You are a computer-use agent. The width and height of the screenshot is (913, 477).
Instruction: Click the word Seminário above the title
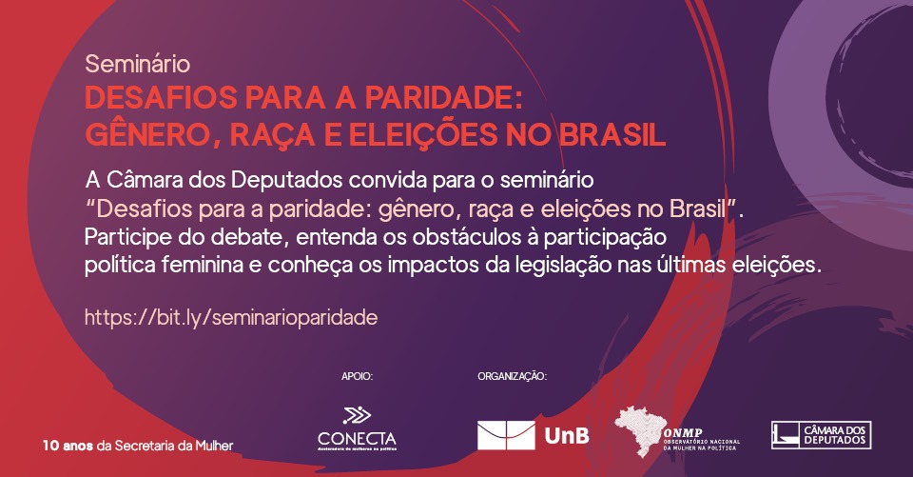pyautogui.click(x=138, y=65)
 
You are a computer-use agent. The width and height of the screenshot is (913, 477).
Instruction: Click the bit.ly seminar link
pyautogui.click(x=232, y=317)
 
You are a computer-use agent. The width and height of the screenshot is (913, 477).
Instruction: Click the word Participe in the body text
pyautogui.click(x=125, y=236)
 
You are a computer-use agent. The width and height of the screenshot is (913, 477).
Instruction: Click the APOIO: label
pyautogui.click(x=357, y=377)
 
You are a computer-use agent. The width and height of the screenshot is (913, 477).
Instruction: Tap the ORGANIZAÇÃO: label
pyautogui.click(x=512, y=377)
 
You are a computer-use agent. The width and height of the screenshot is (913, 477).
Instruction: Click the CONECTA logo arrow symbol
pyautogui.click(x=357, y=414)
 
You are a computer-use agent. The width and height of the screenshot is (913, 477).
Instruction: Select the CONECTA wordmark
pyautogui.click(x=357, y=437)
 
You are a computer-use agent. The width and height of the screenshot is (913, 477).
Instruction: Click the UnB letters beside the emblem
pyautogui.click(x=568, y=436)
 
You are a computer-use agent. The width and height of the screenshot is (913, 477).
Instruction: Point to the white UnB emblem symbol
pyautogui.click(x=506, y=436)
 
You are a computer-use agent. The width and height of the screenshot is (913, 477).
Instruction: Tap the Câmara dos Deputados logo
pyautogui.click(x=821, y=435)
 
